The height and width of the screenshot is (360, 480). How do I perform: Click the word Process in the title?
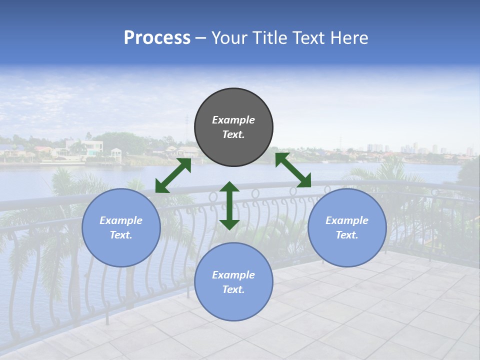pyautogui.click(x=157, y=38)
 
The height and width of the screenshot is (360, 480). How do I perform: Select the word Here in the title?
pyautogui.click(x=348, y=38)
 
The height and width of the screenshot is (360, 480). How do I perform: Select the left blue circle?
pyautogui.click(x=121, y=227)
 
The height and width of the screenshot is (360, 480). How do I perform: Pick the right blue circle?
pyautogui.click(x=347, y=227)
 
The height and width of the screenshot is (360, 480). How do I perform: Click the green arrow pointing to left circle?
pyautogui.click(x=173, y=175)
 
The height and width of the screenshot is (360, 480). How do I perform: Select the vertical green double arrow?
pyautogui.click(x=229, y=205)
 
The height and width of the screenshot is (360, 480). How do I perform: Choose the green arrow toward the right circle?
pyautogui.click(x=293, y=170)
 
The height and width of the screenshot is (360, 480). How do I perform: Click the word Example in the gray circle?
pyautogui.click(x=233, y=120)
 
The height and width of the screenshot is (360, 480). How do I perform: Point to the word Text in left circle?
pyautogui.click(x=121, y=235)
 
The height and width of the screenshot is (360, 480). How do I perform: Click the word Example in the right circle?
pyautogui.click(x=347, y=220)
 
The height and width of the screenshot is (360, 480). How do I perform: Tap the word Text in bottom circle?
pyautogui.click(x=233, y=289)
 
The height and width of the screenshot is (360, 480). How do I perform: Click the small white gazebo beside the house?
pyautogui.click(x=116, y=153)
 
